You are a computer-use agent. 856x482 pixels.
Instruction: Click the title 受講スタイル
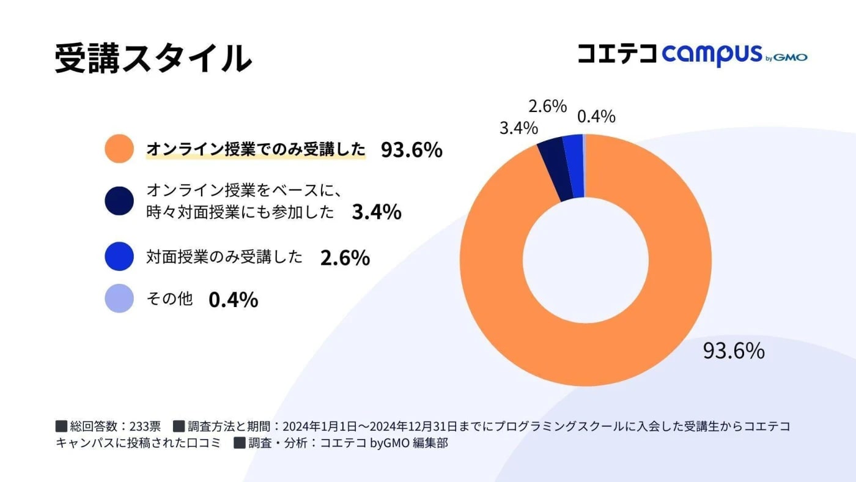coord(153,59)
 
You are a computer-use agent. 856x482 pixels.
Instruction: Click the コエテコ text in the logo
coord(618,54)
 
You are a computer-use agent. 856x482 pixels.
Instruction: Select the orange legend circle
coord(119,149)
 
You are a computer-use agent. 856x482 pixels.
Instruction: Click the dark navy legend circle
coord(119,201)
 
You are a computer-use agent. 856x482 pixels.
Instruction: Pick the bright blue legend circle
coord(119,257)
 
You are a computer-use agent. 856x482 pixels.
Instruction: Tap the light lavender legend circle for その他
coord(119,298)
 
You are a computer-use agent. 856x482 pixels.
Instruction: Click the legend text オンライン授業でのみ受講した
coord(255,149)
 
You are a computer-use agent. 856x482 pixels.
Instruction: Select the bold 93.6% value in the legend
coord(411,150)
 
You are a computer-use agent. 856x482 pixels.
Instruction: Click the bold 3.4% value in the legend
coord(377,212)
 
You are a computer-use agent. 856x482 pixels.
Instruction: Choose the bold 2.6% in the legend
coord(345,258)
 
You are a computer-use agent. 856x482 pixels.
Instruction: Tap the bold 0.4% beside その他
coord(233,300)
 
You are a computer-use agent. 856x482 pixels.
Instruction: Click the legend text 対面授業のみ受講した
coord(224,258)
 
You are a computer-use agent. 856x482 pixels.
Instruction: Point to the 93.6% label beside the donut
coord(733,351)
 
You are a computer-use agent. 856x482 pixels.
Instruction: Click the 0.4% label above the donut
coord(596,116)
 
